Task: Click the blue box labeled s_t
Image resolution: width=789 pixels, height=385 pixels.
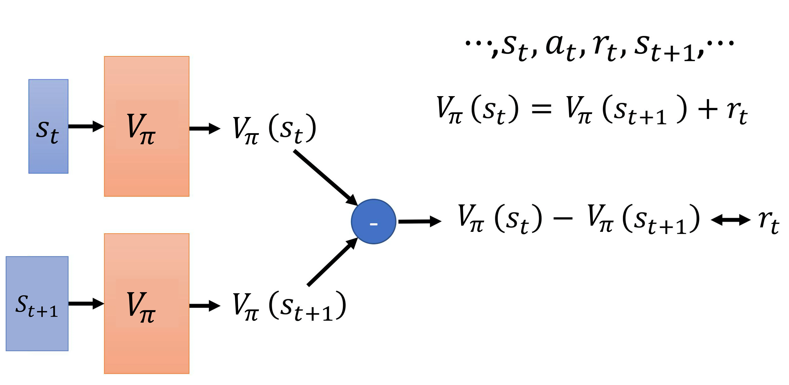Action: tap(48, 126)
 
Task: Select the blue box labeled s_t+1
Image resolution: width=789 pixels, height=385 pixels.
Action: tap(37, 304)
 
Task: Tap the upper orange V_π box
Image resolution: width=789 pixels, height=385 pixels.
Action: tap(147, 126)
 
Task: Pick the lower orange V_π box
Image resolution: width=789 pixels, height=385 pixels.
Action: tap(147, 304)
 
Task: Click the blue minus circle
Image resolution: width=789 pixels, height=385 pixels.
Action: tap(374, 221)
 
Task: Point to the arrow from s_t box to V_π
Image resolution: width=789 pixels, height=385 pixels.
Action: tap(86, 126)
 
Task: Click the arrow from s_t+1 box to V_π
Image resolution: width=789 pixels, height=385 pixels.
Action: tap(86, 304)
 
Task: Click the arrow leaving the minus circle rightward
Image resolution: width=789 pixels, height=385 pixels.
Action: tap(420, 221)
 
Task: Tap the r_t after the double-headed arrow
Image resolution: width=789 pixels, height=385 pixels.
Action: tap(769, 222)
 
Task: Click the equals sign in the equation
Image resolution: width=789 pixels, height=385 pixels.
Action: tap(541, 109)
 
